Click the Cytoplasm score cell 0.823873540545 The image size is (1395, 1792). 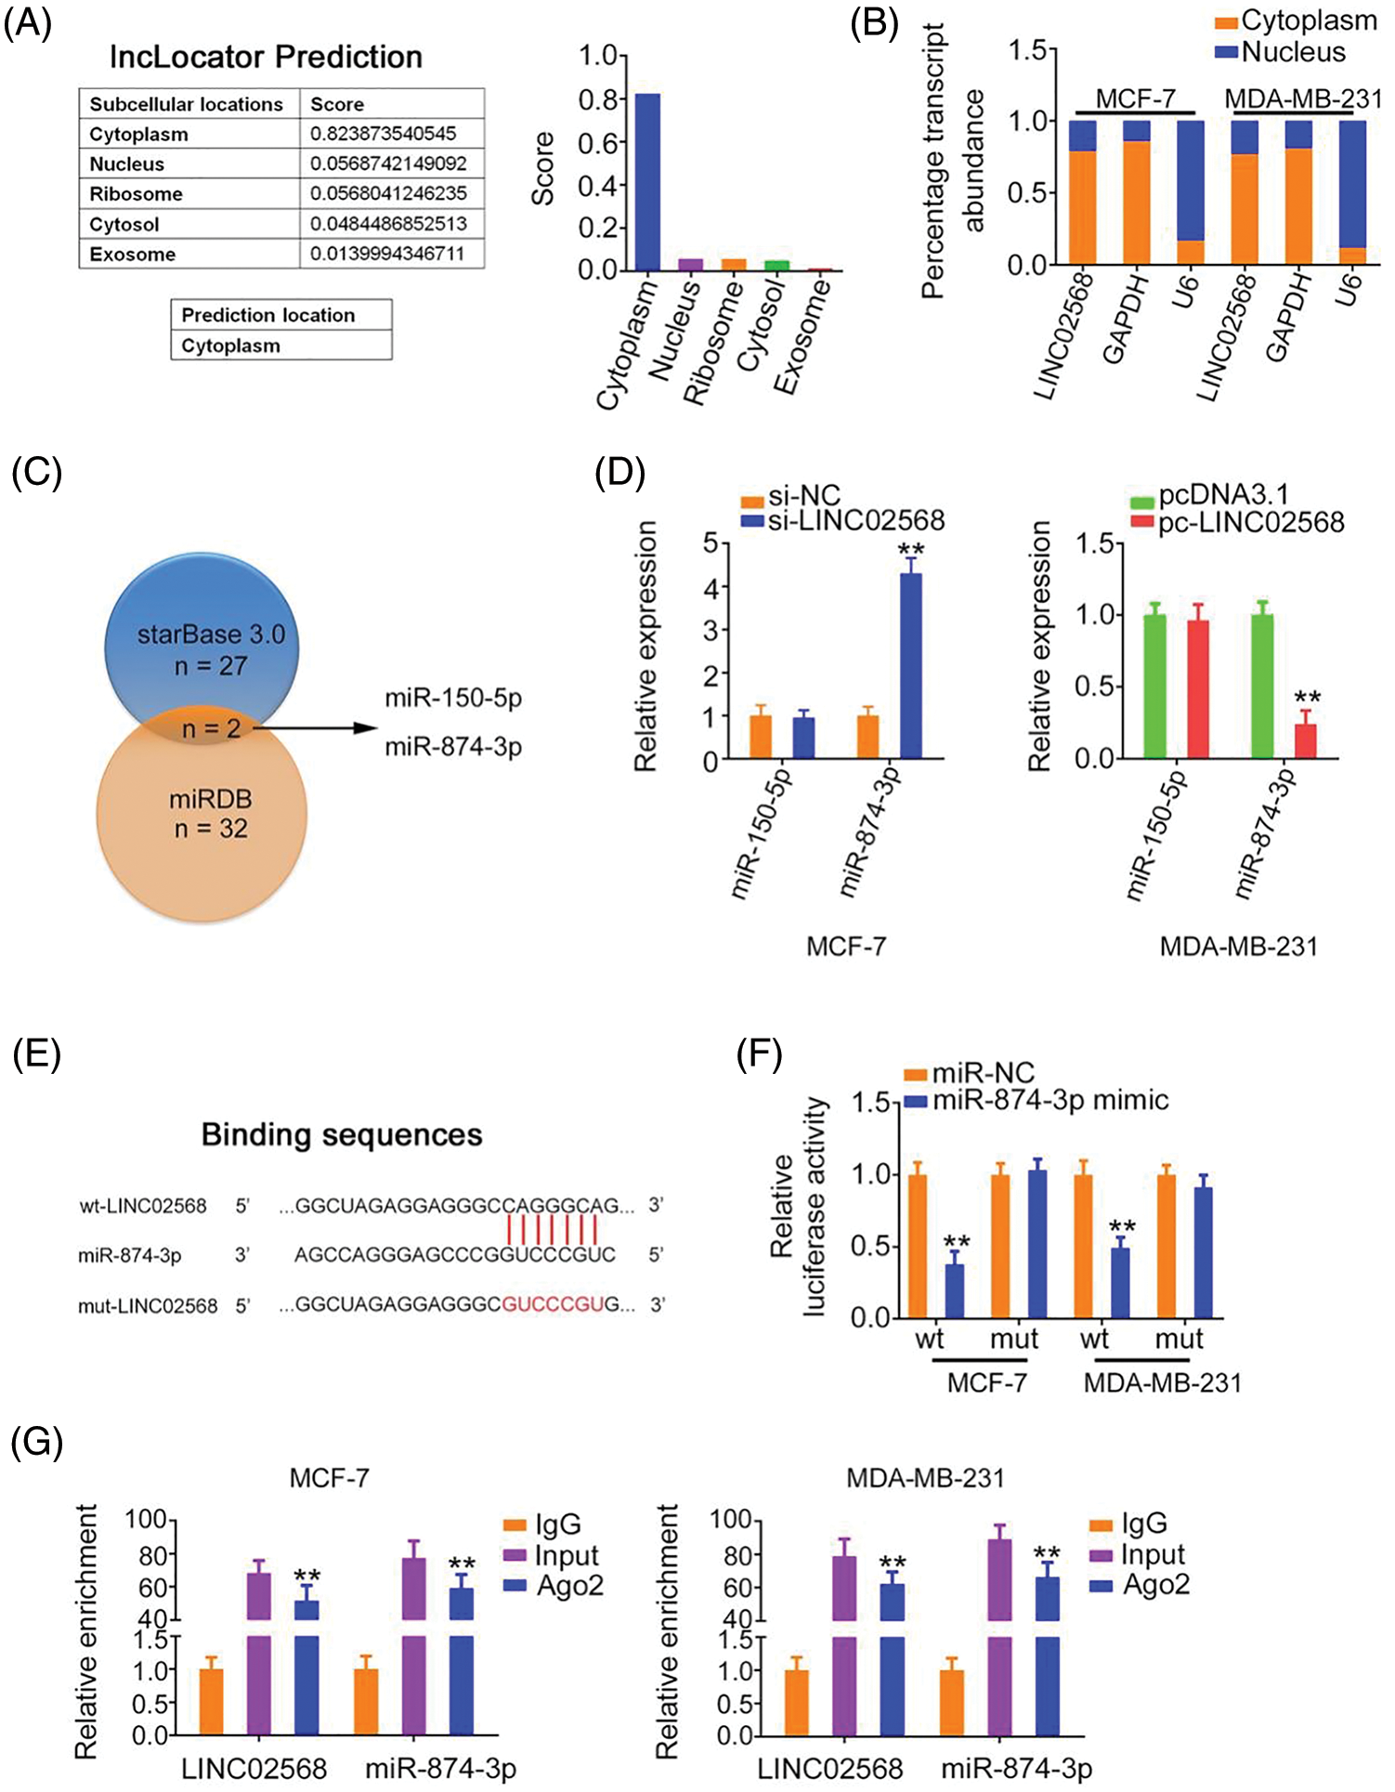click(383, 134)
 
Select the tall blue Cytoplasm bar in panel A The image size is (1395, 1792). click(647, 181)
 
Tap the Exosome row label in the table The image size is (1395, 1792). click(132, 255)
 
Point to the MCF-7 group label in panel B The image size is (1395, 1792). click(1135, 98)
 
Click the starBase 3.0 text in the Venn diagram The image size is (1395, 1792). click(211, 634)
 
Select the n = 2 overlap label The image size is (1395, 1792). click(211, 729)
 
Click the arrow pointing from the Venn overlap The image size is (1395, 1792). click(316, 728)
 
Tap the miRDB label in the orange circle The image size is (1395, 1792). click(211, 800)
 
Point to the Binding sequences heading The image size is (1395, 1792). click(342, 1135)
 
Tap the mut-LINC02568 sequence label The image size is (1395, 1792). click(148, 1306)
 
